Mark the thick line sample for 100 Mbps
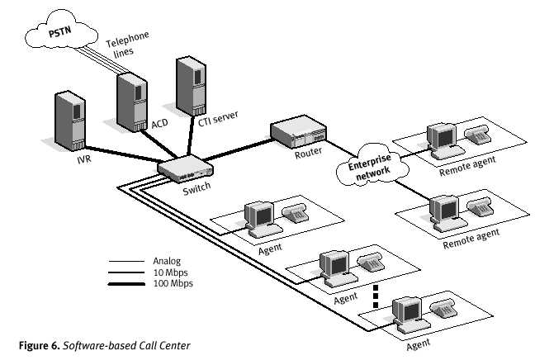click(x=126, y=283)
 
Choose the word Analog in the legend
click(x=167, y=260)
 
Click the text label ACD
click(x=159, y=126)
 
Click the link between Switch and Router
click(x=239, y=148)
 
